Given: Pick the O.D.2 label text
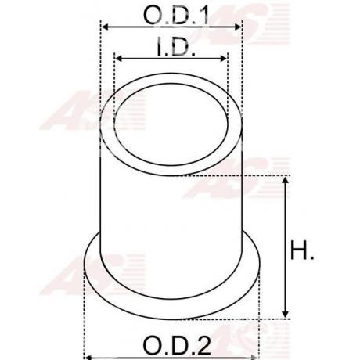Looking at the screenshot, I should pos(171,344).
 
